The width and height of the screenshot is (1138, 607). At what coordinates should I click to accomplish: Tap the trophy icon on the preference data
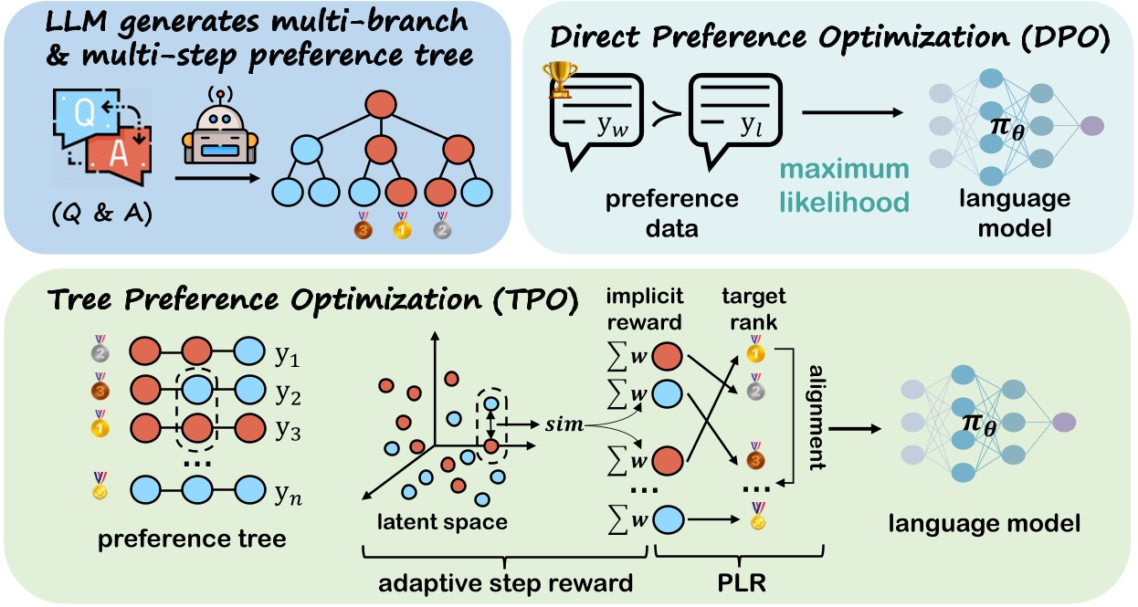point(559,79)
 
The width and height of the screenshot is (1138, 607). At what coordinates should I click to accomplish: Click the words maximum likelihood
point(843,185)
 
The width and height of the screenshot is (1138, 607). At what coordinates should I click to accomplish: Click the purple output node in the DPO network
point(1094,125)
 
